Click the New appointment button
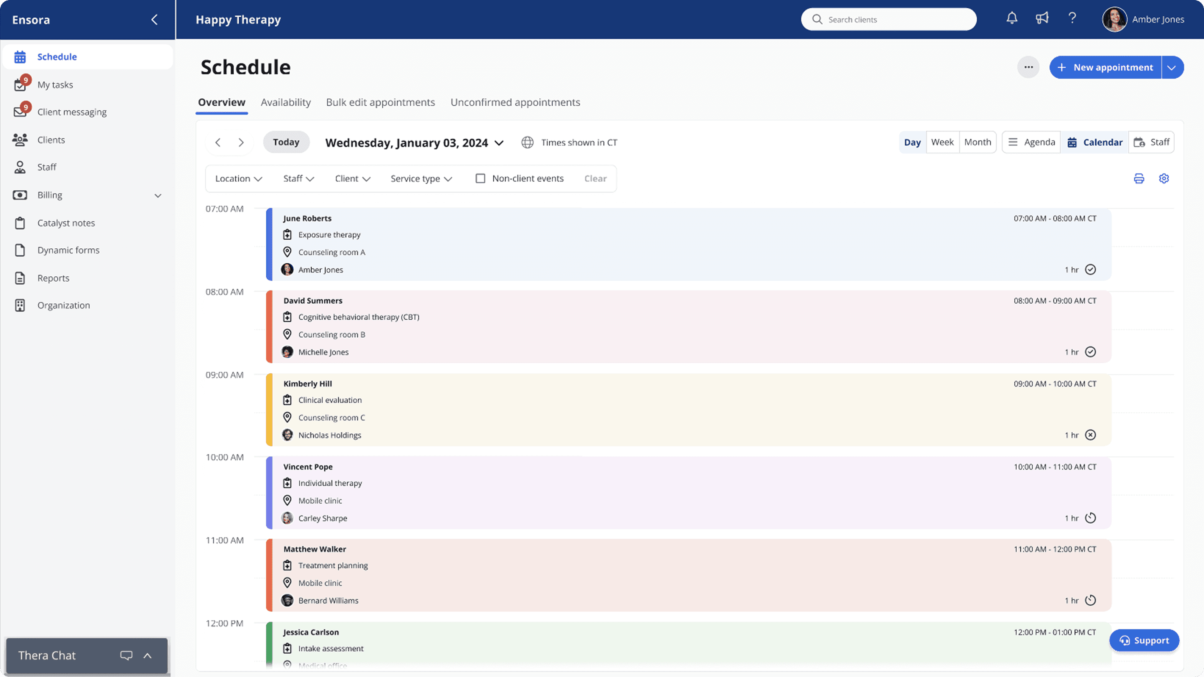pyautogui.click(x=1105, y=67)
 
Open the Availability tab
pyautogui.click(x=286, y=102)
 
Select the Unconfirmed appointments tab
pyautogui.click(x=515, y=102)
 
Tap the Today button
pyautogui.click(x=286, y=142)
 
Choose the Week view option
pyautogui.click(x=942, y=142)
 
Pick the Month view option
pyautogui.click(x=977, y=142)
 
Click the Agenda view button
pyautogui.click(x=1031, y=142)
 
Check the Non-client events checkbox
pyautogui.click(x=480, y=178)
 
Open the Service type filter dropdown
pyautogui.click(x=421, y=178)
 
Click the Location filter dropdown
pyautogui.click(x=238, y=178)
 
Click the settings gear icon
pyautogui.click(x=1164, y=178)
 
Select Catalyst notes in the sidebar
pyautogui.click(x=66, y=223)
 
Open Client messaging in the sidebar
pyautogui.click(x=71, y=112)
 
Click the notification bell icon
pyautogui.click(x=1012, y=19)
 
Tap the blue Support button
pyautogui.click(x=1144, y=640)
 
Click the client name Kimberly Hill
pyautogui.click(x=308, y=384)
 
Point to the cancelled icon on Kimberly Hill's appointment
pyautogui.click(x=1090, y=435)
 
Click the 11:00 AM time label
pyautogui.click(x=225, y=540)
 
